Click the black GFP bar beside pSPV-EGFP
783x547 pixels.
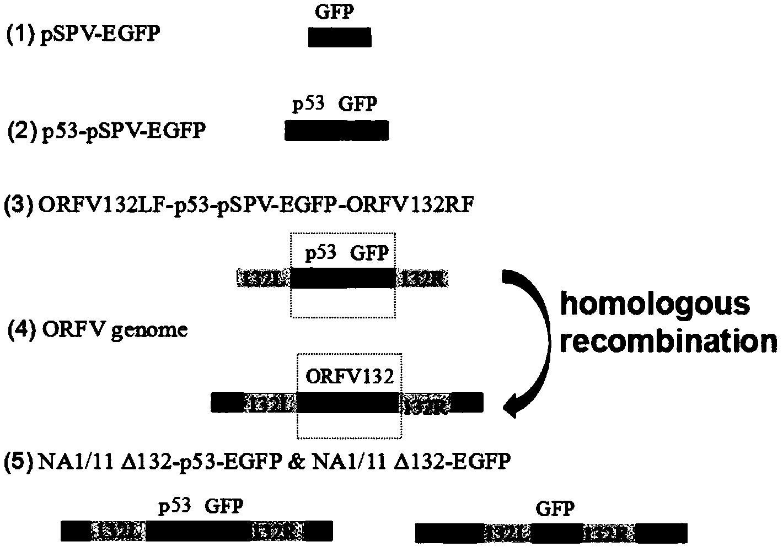coord(340,37)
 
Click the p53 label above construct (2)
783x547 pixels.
coord(308,104)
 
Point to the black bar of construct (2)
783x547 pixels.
coord(336,131)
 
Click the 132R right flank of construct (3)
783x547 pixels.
coord(422,278)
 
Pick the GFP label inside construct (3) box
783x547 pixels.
coord(369,253)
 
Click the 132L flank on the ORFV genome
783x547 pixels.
coord(271,403)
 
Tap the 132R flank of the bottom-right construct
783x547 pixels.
coord(610,533)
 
